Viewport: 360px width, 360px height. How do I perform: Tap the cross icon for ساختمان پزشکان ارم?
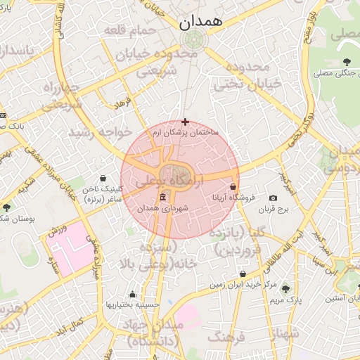click(x=185, y=122)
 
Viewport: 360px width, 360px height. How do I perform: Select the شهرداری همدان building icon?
click(x=163, y=198)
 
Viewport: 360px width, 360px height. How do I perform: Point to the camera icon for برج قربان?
click(x=273, y=199)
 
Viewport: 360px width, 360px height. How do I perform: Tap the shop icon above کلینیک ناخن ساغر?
click(x=104, y=179)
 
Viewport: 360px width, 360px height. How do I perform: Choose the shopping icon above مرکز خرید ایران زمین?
click(x=243, y=274)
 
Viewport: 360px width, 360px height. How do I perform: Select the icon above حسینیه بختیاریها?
click(x=132, y=294)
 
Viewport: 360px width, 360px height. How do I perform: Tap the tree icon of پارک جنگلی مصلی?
click(x=347, y=63)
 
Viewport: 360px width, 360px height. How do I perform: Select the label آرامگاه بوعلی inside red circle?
click(x=169, y=181)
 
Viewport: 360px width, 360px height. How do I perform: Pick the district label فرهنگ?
click(x=226, y=338)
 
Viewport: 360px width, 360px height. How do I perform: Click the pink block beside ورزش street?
click(x=70, y=250)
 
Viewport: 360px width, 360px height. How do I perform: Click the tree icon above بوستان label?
click(x=7, y=207)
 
